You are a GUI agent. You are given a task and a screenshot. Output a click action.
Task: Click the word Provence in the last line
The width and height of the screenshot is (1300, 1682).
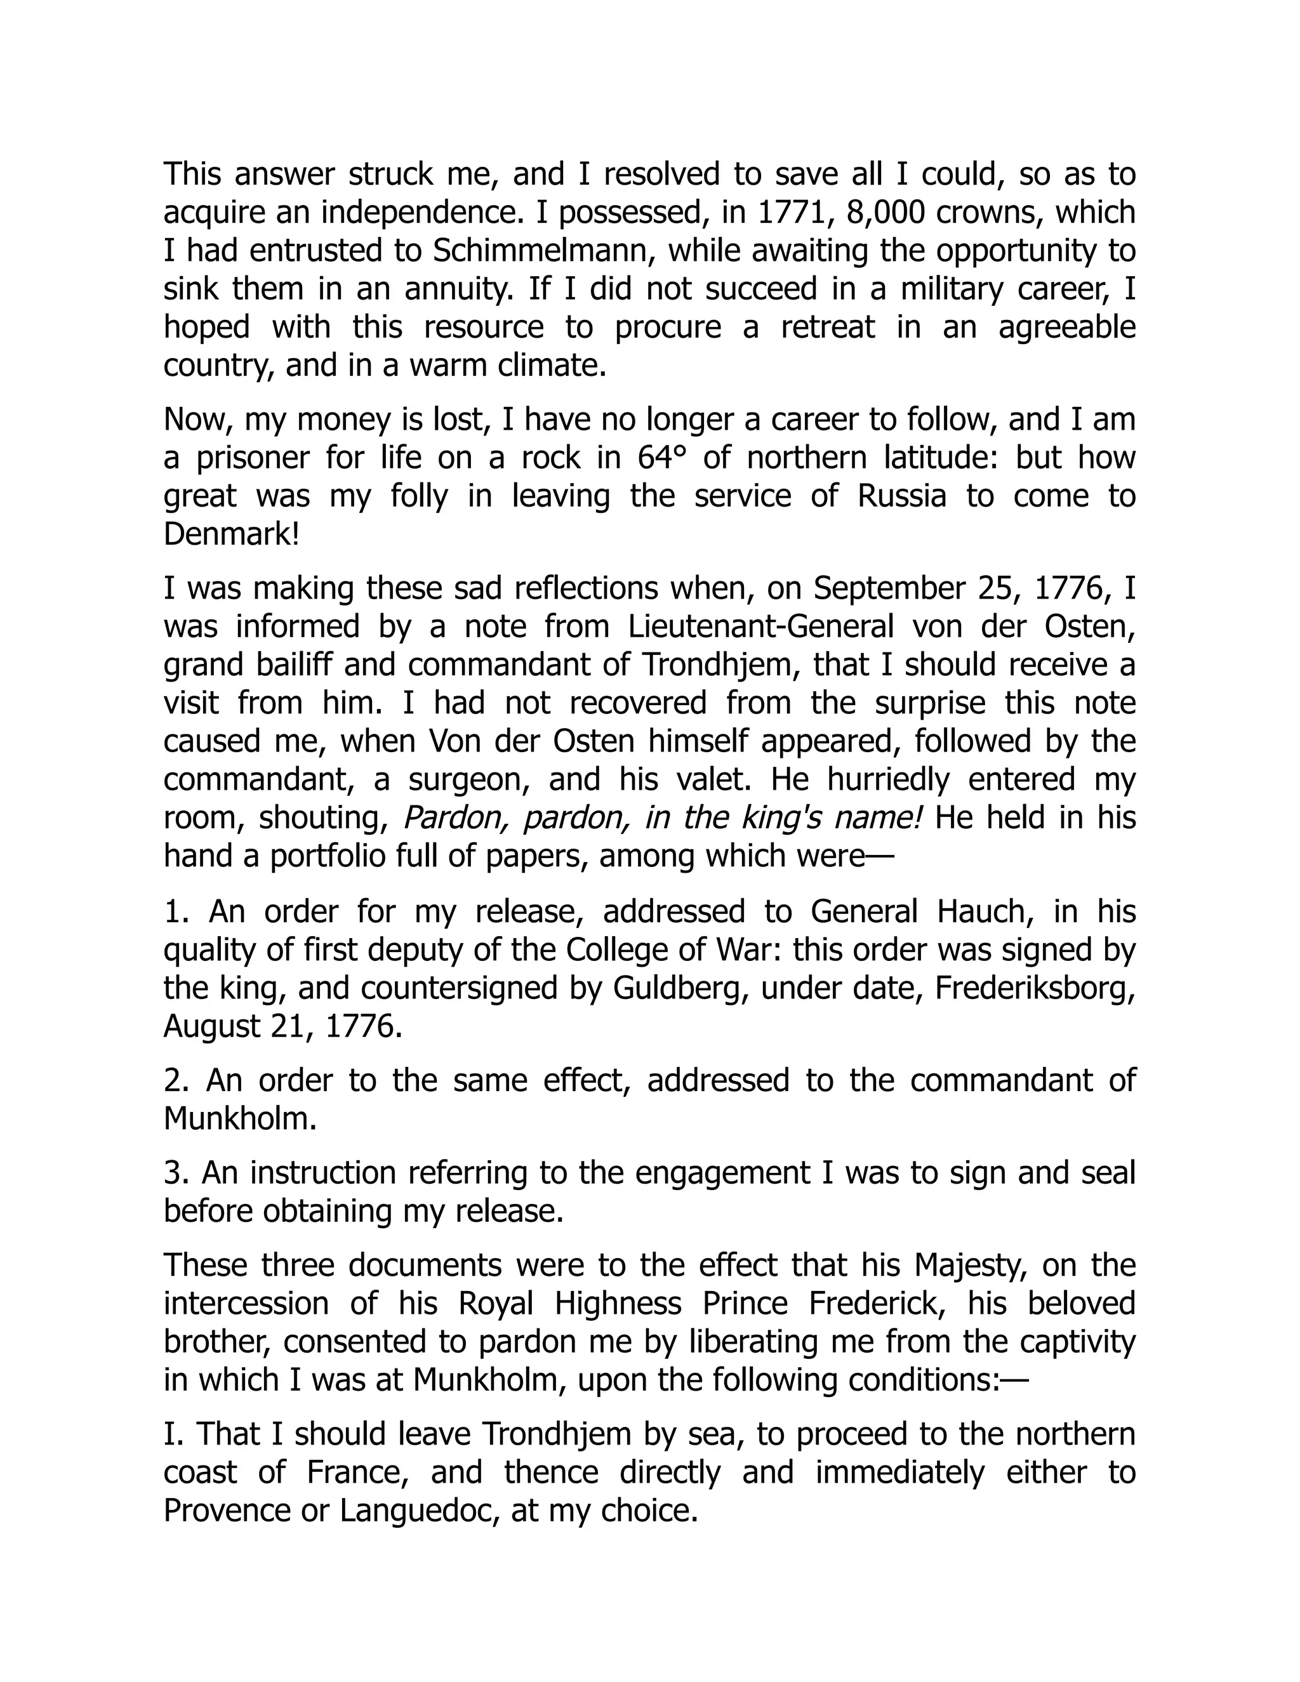pos(227,1510)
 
